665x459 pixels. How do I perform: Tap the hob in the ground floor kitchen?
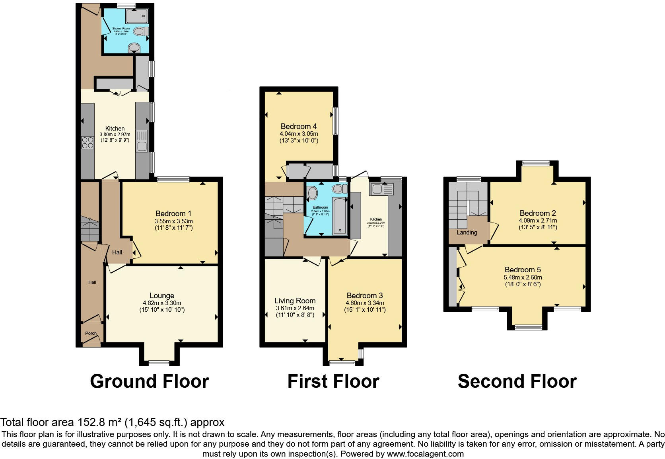coord(87,143)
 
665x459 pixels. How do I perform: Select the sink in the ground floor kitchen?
coord(142,141)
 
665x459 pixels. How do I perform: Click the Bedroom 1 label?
coord(173,213)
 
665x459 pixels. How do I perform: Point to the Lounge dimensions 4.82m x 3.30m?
coord(162,303)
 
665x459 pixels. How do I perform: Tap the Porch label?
coord(91,333)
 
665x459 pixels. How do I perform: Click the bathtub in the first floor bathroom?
coord(340,215)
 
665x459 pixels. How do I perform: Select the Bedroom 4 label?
coord(298,126)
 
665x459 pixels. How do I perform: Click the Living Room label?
coord(295,301)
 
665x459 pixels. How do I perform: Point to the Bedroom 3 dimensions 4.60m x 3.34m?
coord(365,303)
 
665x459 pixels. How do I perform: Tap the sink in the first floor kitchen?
coord(381,189)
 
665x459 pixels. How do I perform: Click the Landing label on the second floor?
coord(467,232)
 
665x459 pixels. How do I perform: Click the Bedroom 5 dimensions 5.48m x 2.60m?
coord(523,277)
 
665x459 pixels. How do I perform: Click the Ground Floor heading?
coord(149,381)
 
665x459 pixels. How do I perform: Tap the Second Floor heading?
coord(517,381)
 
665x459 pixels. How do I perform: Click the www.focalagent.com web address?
coord(425,454)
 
